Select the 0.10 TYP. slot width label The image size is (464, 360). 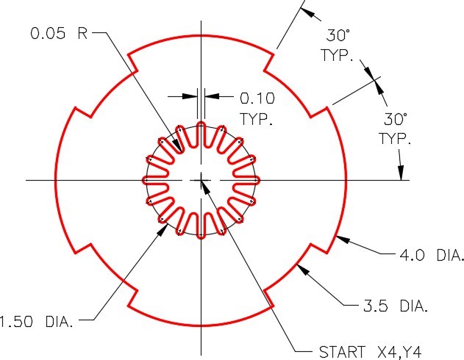[x=255, y=107]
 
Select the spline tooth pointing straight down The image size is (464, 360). [x=201, y=225]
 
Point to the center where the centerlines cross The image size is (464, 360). [x=201, y=180]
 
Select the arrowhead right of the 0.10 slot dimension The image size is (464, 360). [x=210, y=96]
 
